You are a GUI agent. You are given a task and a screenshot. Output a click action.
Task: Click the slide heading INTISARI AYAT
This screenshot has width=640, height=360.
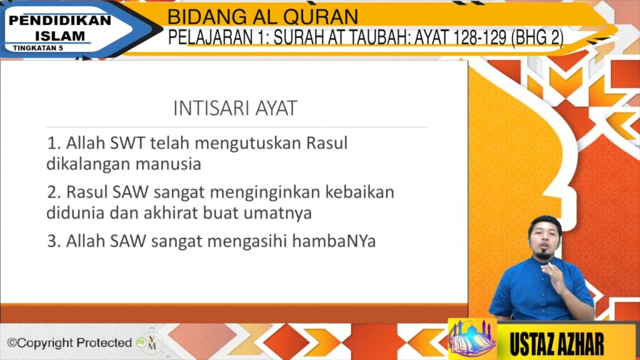236,109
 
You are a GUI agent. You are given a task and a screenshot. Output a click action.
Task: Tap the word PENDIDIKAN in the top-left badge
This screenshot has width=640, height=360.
59,21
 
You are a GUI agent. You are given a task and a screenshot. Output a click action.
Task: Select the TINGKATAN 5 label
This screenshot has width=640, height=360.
38,47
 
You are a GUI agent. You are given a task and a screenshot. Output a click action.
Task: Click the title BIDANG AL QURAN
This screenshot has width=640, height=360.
262,17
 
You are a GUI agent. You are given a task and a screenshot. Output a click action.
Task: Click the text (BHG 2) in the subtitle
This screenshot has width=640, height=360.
537,37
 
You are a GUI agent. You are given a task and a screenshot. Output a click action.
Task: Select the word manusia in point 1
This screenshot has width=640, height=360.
168,164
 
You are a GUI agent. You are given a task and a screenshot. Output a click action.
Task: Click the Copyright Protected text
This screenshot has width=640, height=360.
69,343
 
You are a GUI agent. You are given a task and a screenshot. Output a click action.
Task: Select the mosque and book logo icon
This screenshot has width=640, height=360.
472,338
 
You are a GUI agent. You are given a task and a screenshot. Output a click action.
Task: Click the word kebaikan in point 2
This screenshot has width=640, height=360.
359,192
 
